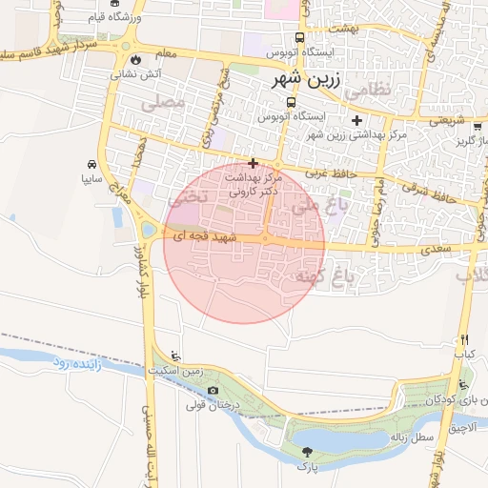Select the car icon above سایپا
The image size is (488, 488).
pos(91,163)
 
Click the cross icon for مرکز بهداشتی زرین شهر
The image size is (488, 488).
pos(356,120)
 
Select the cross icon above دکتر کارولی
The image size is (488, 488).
pos(253,163)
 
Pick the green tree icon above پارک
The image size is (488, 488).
pos(307,451)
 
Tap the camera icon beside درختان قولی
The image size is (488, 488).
pos(213,390)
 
